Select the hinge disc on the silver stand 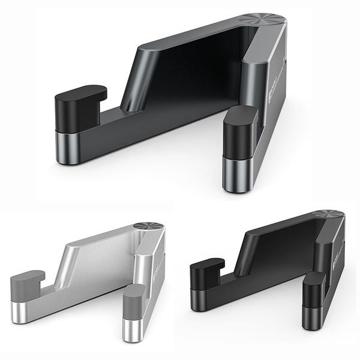pyautogui.click(x=147, y=226)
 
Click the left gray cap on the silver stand pyautogui.click(x=27, y=282)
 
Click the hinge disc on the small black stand pyautogui.click(x=329, y=215)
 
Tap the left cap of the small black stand pyautogui.click(x=207, y=271)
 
